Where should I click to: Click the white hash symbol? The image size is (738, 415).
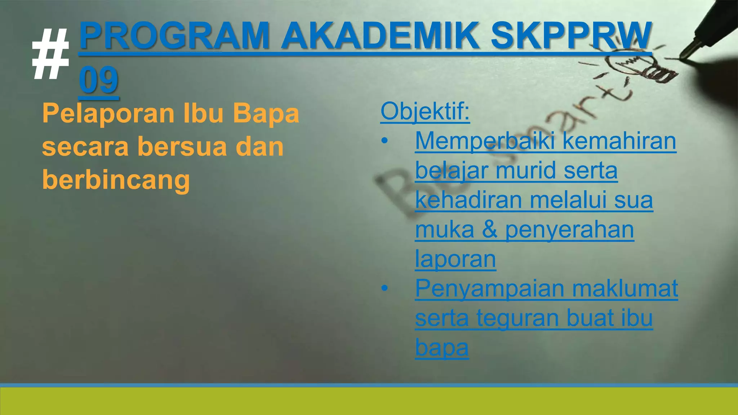[50, 54]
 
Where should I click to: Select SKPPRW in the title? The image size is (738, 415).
[571, 36]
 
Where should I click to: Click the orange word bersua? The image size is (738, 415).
[182, 147]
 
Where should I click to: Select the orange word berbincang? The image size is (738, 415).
[116, 180]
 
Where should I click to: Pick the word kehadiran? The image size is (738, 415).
[468, 200]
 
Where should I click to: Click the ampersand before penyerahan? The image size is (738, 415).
[489, 229]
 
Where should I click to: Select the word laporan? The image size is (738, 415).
[455, 259]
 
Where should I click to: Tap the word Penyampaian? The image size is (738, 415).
[490, 289]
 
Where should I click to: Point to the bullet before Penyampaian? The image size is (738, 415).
[385, 288]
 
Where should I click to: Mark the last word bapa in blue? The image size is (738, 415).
[442, 348]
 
